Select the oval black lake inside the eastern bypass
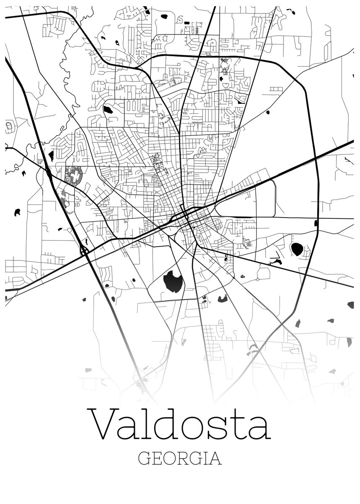click(297, 249)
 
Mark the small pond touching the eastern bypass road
click(316, 223)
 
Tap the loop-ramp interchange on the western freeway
click(84, 251)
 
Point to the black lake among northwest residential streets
click(108, 110)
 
